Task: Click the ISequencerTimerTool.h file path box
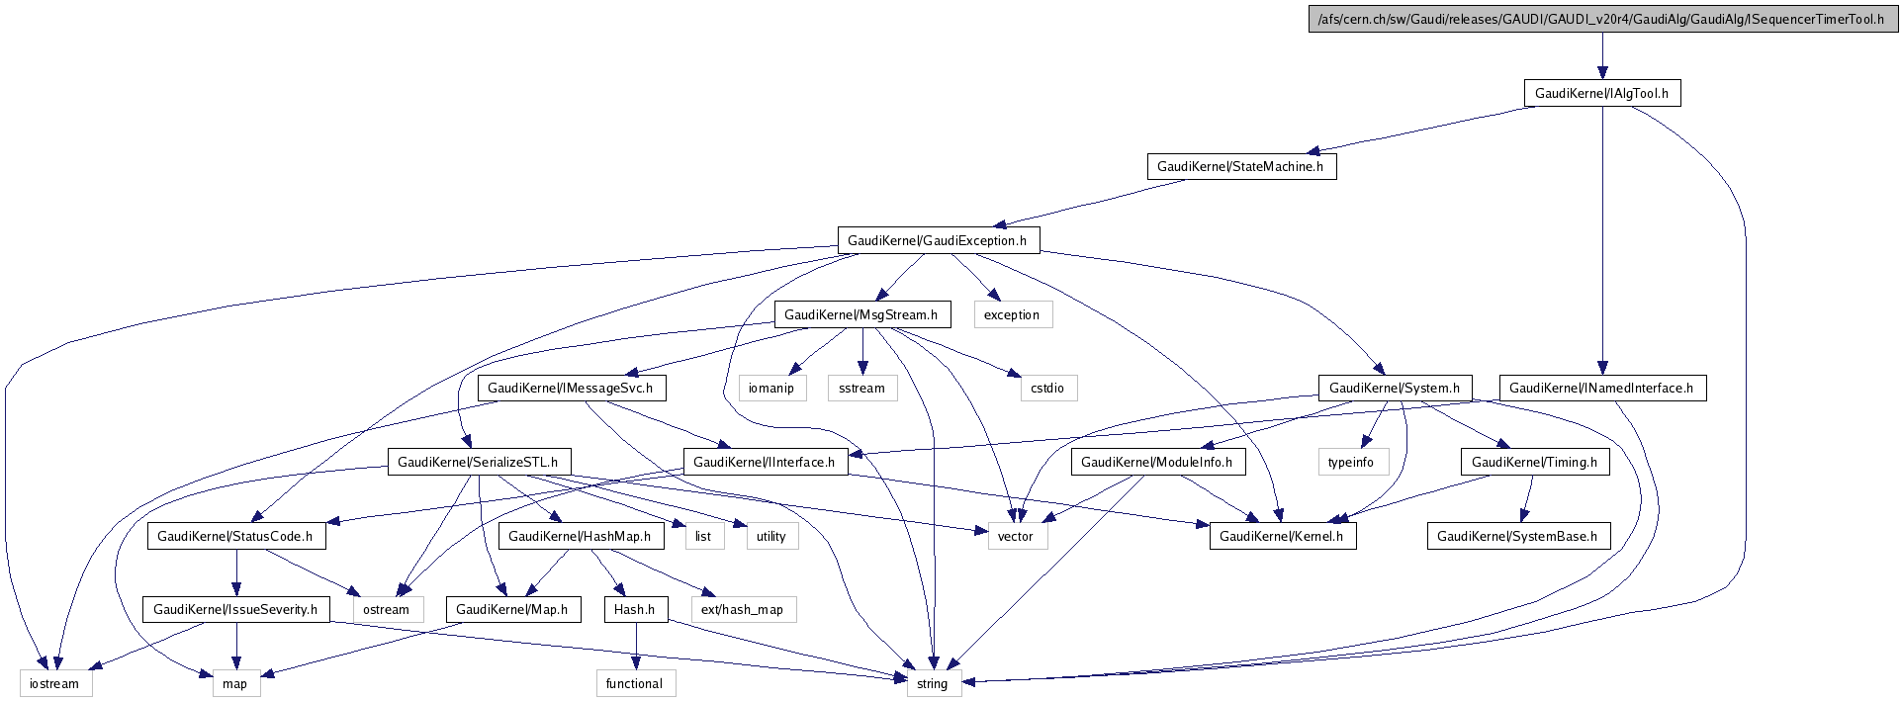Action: click(1601, 20)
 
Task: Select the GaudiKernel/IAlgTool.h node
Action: click(1601, 94)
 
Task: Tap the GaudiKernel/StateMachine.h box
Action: click(1240, 167)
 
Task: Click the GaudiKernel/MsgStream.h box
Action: click(860, 314)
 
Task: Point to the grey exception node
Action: click(1011, 314)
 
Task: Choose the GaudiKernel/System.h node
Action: click(1394, 388)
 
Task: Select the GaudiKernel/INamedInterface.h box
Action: click(1601, 388)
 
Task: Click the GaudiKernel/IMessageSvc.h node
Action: click(570, 388)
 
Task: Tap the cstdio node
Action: click(1046, 388)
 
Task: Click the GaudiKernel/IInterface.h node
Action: click(764, 462)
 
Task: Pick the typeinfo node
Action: click(1351, 462)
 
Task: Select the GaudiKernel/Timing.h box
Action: click(1534, 462)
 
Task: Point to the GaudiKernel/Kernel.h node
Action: click(1281, 536)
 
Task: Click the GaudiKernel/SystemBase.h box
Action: click(1517, 536)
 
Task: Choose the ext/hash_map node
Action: click(742, 609)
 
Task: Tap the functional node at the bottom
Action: click(634, 683)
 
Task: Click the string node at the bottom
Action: click(932, 683)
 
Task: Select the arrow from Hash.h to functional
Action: click(635, 647)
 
